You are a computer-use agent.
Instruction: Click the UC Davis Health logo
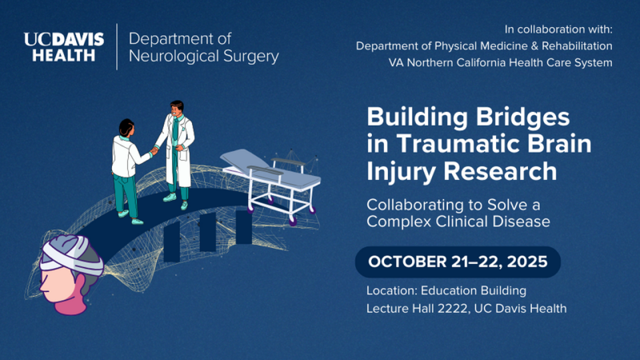[64, 47]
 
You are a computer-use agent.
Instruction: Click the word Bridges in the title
[522, 117]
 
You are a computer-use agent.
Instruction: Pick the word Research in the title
[500, 171]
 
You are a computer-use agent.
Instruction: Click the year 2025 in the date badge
[527, 261]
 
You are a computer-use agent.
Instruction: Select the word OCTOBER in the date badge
[407, 261]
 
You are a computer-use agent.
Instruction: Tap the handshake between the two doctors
[154, 150]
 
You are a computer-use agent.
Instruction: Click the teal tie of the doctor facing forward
[175, 130]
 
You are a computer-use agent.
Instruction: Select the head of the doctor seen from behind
[126, 127]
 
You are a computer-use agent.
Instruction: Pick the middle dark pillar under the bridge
[207, 232]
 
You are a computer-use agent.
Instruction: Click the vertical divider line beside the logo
[117, 47]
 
